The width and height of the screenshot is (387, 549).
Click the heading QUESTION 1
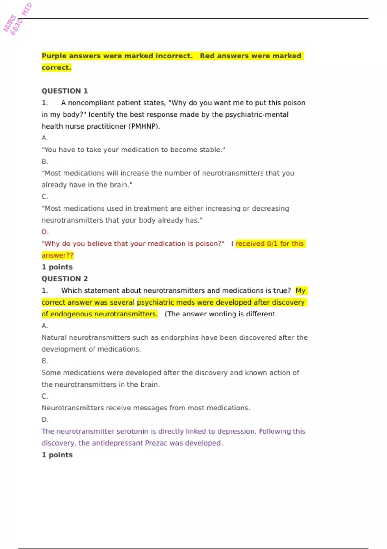point(64,91)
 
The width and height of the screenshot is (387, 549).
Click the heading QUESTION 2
point(64,279)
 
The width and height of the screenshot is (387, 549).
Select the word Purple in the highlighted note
point(54,56)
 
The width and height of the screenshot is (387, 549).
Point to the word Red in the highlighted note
point(207,56)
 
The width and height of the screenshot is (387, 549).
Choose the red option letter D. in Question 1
point(45,232)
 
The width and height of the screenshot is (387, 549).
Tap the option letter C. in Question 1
point(45,197)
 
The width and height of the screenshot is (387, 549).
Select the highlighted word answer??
point(57,255)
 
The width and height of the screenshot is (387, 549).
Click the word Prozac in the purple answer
point(156,443)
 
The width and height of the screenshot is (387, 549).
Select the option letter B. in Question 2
point(45,361)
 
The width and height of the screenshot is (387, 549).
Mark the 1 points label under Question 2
point(57,455)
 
